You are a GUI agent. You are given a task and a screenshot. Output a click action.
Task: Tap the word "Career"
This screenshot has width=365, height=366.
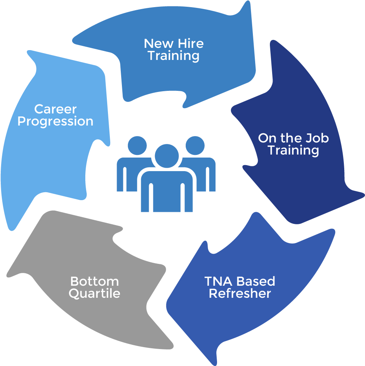[x=55, y=109]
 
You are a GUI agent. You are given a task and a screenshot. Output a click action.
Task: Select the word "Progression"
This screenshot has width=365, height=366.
[x=55, y=121]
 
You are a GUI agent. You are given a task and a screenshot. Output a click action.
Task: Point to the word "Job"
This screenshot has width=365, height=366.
[x=317, y=138]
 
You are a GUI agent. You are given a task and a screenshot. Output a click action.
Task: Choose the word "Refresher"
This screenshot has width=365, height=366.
[x=240, y=293]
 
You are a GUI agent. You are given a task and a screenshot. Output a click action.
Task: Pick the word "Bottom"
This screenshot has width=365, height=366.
[x=94, y=281]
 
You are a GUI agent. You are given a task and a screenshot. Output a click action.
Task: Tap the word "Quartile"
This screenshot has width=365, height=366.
[x=94, y=293]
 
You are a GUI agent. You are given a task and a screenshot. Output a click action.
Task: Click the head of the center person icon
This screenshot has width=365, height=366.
[x=166, y=156]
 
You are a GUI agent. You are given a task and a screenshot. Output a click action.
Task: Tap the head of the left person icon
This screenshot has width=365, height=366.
[x=137, y=145]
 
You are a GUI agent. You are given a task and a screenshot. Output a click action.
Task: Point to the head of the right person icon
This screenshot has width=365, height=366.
[x=195, y=145]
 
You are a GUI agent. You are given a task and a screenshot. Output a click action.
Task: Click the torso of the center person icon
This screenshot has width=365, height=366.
[x=166, y=190]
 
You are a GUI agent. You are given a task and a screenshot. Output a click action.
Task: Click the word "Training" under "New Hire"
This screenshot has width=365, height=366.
[x=173, y=56]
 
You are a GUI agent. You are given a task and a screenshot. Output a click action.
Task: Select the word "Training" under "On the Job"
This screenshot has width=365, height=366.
[x=293, y=150]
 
